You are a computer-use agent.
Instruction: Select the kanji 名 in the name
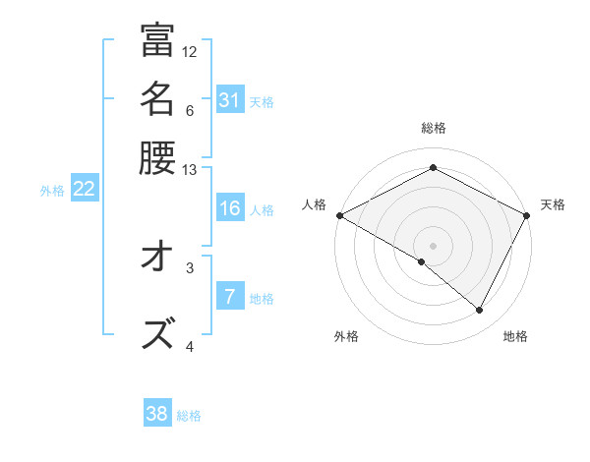coord(157,99)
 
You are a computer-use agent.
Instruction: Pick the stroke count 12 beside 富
coord(190,51)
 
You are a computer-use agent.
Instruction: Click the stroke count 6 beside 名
coord(190,110)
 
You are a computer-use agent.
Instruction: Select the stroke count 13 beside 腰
coord(190,169)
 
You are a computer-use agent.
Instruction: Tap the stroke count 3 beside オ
coord(190,265)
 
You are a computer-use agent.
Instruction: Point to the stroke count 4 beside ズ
coord(190,345)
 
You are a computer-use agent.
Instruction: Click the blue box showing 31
coord(229,100)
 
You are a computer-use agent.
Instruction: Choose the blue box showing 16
coord(229,208)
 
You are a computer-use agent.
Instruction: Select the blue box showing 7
coord(229,297)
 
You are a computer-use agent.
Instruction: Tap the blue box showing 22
coord(84,189)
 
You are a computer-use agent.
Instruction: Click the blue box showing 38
coord(157,414)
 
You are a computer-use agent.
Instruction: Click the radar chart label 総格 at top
coord(433,129)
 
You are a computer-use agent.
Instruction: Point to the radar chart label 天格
coord(553,204)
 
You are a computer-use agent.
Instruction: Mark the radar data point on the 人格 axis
coord(339,215)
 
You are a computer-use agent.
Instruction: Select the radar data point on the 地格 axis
coord(480,310)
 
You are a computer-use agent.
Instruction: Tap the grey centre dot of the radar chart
coord(433,245)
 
